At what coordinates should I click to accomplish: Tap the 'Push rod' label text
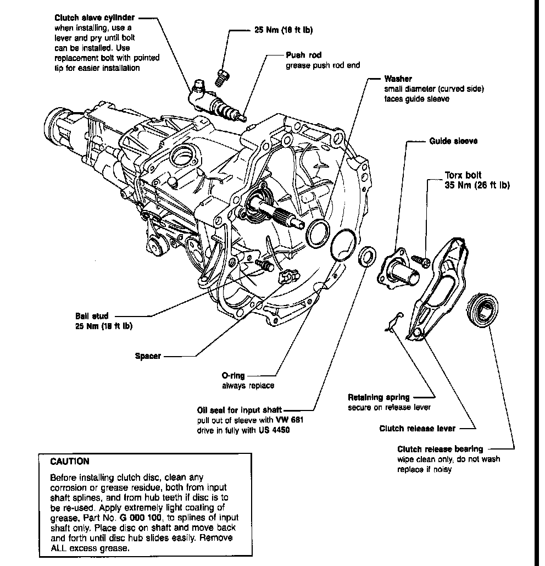pyautogui.click(x=303, y=55)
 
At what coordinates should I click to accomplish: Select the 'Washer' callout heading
pyautogui.click(x=398, y=79)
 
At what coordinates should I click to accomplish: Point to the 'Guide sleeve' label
pyautogui.click(x=453, y=141)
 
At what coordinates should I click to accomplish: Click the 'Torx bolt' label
pyautogui.click(x=463, y=176)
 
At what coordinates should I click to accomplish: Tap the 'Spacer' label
pyautogui.click(x=148, y=356)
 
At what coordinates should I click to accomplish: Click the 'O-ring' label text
pyautogui.click(x=232, y=375)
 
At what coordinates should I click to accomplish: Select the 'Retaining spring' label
pyautogui.click(x=379, y=397)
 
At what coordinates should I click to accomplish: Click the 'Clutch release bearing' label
pyautogui.click(x=440, y=449)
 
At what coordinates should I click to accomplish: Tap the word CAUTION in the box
pyautogui.click(x=69, y=461)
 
